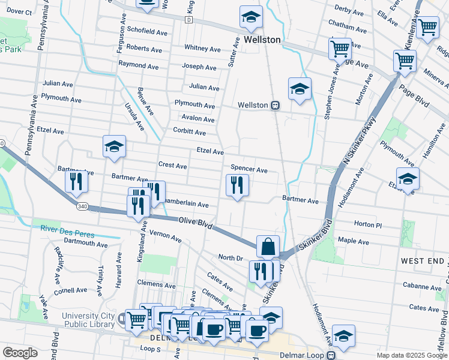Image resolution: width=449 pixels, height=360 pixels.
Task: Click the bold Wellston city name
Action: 262,40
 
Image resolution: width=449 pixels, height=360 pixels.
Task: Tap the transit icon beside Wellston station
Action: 275,105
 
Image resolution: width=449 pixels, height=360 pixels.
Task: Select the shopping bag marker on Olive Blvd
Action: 268,246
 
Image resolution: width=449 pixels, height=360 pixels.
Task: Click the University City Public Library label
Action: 88,320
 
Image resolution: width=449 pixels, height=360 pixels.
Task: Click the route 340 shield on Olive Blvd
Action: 83,206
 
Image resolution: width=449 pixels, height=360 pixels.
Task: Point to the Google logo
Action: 20,353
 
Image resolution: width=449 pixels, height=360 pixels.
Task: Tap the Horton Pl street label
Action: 368,224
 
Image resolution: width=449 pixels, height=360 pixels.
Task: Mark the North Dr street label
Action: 230,257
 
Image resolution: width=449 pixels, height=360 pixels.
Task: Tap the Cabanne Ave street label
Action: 422,286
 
